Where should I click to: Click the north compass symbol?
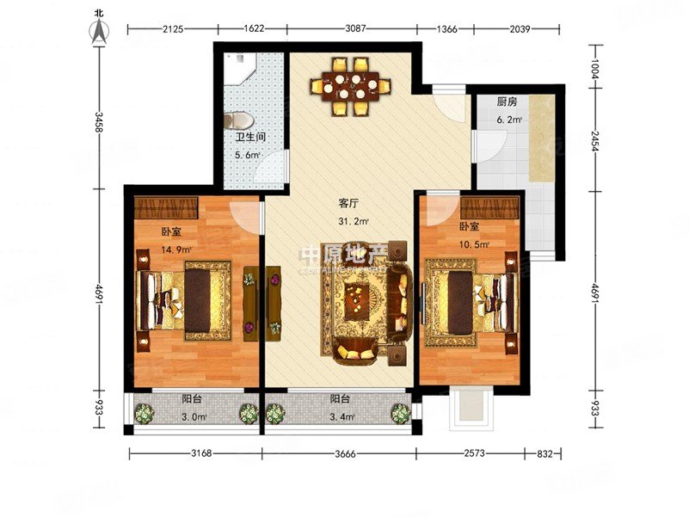pos(102,28)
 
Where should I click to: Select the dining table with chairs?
pos(351,85)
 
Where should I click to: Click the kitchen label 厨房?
pos(508,101)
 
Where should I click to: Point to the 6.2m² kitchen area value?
pos(509,120)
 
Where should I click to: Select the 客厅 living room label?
pos(348,204)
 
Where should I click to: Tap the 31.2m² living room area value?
pos(353,221)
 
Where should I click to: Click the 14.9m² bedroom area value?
pos(175,249)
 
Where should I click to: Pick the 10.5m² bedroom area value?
pos(474,244)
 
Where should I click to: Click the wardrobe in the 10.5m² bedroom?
pos(489,207)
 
